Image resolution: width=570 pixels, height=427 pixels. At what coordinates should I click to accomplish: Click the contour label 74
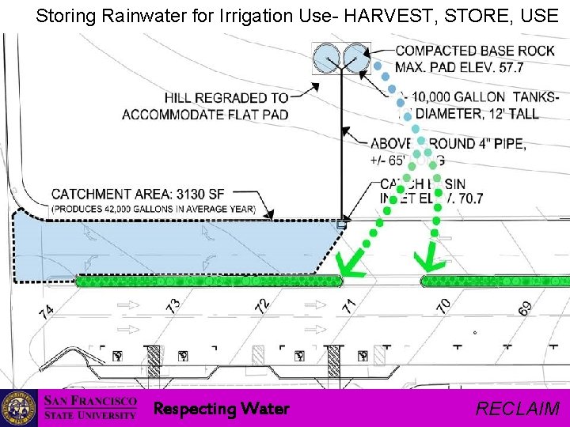(46, 312)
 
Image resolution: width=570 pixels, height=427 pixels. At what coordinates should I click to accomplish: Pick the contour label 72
(263, 304)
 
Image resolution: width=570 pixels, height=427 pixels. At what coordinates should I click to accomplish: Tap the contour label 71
(349, 303)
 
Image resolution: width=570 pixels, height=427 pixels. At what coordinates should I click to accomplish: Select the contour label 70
(444, 304)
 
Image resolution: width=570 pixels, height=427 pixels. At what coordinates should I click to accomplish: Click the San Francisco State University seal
(18, 408)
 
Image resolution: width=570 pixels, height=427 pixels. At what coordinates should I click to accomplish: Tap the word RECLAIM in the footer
(518, 409)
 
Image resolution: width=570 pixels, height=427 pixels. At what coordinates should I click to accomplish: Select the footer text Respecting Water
(221, 409)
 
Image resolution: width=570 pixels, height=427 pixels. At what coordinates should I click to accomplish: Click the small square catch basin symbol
(341, 224)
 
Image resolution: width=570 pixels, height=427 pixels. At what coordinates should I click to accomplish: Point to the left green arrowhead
(347, 264)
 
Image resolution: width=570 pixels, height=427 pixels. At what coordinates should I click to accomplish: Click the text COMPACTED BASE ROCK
(475, 51)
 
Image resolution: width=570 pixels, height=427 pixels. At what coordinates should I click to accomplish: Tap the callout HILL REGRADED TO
(226, 98)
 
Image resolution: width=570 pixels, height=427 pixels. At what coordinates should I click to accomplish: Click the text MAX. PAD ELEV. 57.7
(459, 67)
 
